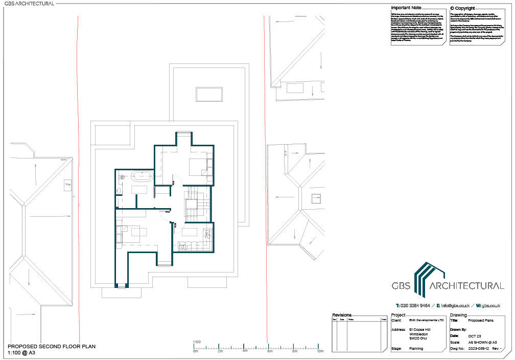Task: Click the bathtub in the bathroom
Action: [x=141, y=177]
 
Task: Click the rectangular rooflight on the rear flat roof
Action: [x=208, y=95]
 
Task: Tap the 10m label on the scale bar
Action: [x=320, y=352]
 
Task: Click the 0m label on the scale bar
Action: [x=195, y=352]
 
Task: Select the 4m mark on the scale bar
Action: [x=245, y=352]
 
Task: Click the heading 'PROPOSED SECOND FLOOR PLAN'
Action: [x=51, y=346]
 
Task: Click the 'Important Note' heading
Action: [x=406, y=8]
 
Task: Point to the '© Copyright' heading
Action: [x=462, y=8]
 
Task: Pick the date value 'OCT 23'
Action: [x=475, y=335]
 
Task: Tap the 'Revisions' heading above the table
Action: [x=342, y=315]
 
